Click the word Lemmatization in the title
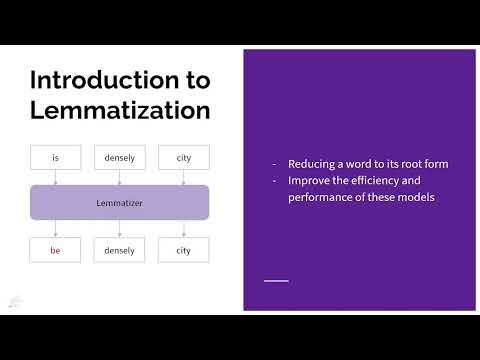[119, 109]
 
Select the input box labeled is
[55, 157]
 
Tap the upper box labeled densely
[119, 157]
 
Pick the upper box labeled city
[183, 157]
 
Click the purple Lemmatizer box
[119, 202]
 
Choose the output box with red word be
[55, 249]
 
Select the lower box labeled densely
[119, 249]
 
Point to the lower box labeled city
[183, 249]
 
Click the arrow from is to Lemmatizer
[55, 177]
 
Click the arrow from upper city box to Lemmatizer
[183, 177]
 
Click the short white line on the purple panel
[275, 280]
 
